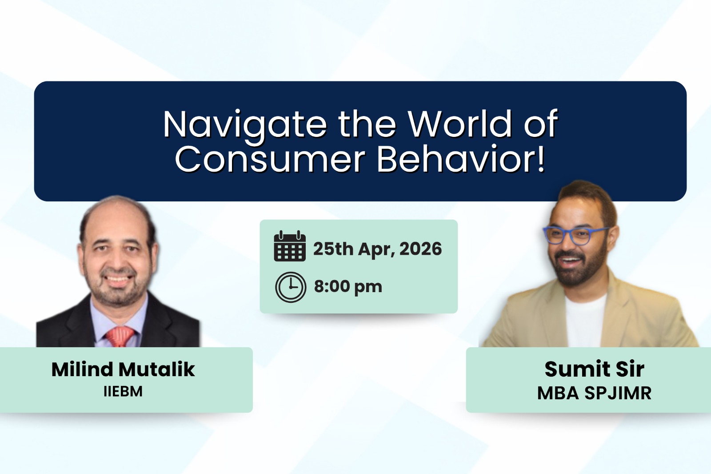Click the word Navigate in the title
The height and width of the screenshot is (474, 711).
[245, 124]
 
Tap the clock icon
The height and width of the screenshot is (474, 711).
[291, 287]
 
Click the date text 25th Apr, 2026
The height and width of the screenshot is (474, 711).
[377, 249]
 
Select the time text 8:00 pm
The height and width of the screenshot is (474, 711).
[348, 286]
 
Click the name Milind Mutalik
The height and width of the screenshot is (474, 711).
[123, 370]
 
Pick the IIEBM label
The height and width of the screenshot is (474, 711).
[123, 392]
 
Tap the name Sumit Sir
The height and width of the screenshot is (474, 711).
[594, 369]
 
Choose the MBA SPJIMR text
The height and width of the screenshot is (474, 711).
[594, 393]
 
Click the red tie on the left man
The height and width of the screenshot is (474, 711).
[119, 336]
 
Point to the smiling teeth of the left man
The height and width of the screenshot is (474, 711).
[117, 279]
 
